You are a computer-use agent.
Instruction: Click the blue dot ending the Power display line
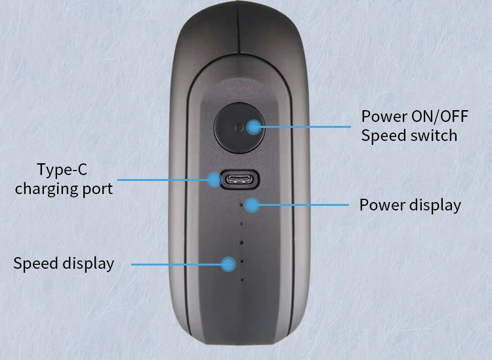click(253, 205)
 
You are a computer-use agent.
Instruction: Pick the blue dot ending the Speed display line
click(228, 264)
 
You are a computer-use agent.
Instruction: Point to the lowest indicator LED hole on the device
click(242, 280)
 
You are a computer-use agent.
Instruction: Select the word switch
click(433, 136)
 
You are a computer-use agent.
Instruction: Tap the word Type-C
click(62, 170)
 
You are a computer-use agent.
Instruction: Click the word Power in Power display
click(382, 205)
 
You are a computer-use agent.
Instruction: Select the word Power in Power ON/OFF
click(383, 117)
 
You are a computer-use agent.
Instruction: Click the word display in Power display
click(435, 205)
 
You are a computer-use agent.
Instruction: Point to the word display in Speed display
click(88, 264)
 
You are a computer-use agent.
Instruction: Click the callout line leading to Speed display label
click(177, 264)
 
